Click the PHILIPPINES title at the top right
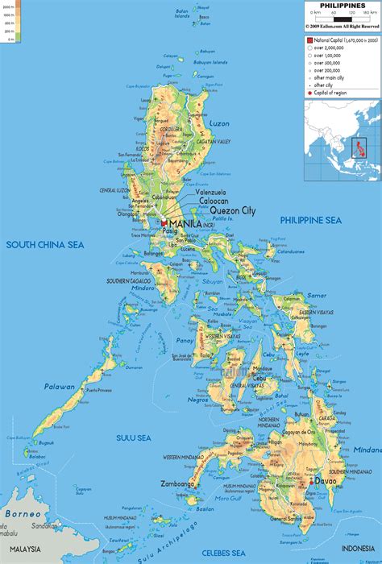(x=342, y=6)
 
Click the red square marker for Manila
(x=164, y=201)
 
